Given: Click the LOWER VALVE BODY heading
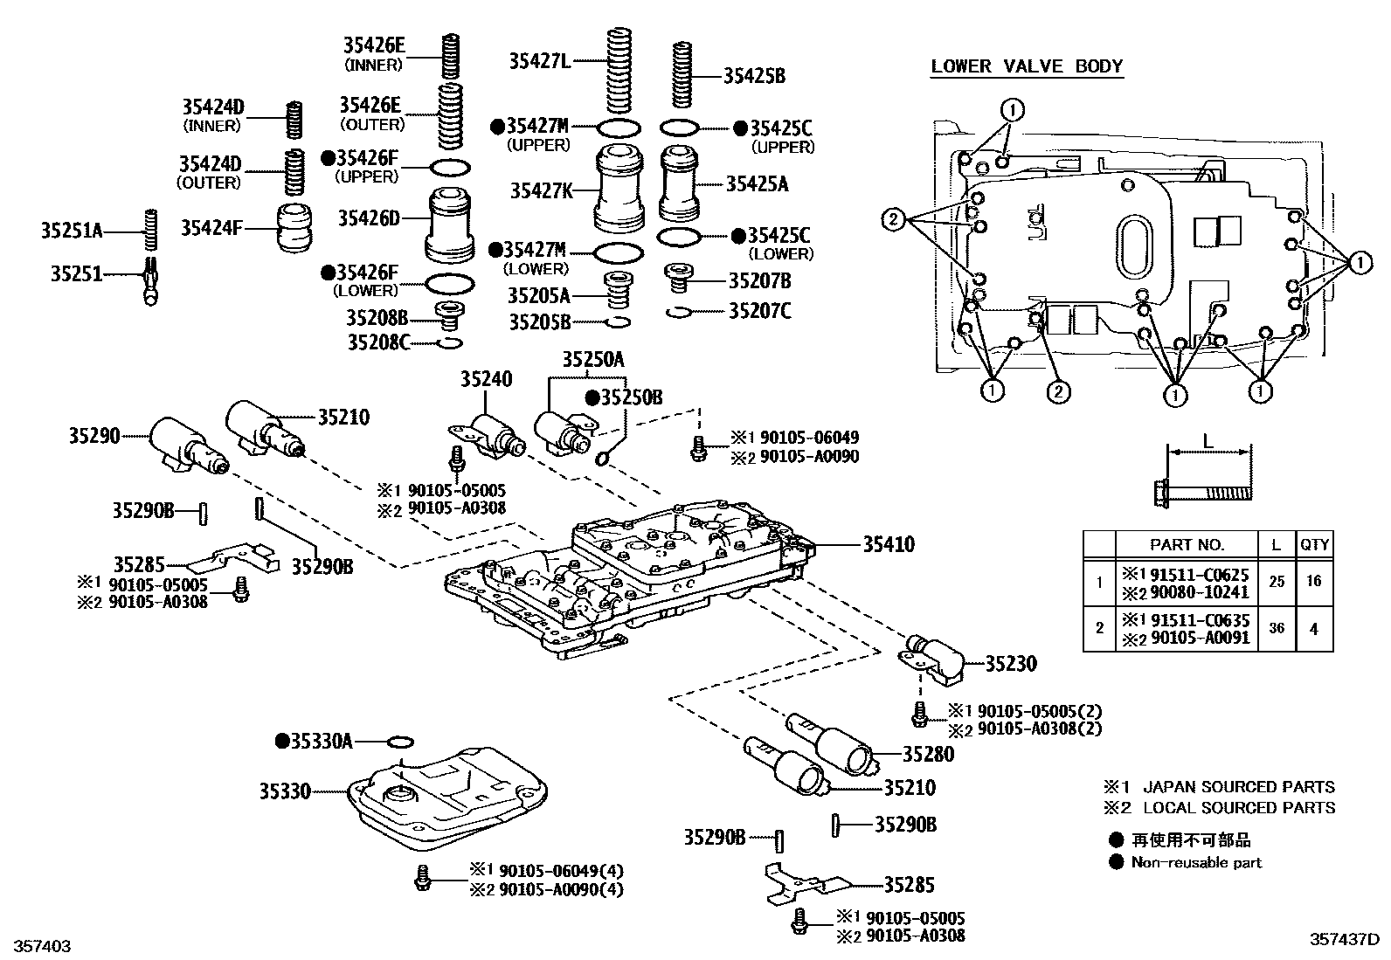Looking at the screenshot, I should point(1027,66).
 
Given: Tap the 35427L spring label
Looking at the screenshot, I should point(539,61).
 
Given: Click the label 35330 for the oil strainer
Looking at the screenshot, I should point(284,791).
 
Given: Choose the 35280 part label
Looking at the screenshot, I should point(928,754).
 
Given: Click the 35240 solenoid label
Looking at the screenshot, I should point(487,379).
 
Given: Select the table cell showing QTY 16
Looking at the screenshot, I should point(1313,581).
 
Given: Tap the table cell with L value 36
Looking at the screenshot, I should point(1276,627).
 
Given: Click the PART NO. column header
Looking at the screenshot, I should point(1187,544).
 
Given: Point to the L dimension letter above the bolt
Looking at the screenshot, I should point(1208,442).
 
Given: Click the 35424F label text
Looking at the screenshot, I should point(211,228).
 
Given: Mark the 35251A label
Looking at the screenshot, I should point(71,231).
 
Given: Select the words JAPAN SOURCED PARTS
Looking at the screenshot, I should point(1239,787).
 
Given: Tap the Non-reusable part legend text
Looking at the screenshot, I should point(1196,862).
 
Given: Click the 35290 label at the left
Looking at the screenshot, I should point(94,434).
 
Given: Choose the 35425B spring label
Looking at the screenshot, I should point(754,76).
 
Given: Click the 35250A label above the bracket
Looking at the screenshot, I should point(592,359).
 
